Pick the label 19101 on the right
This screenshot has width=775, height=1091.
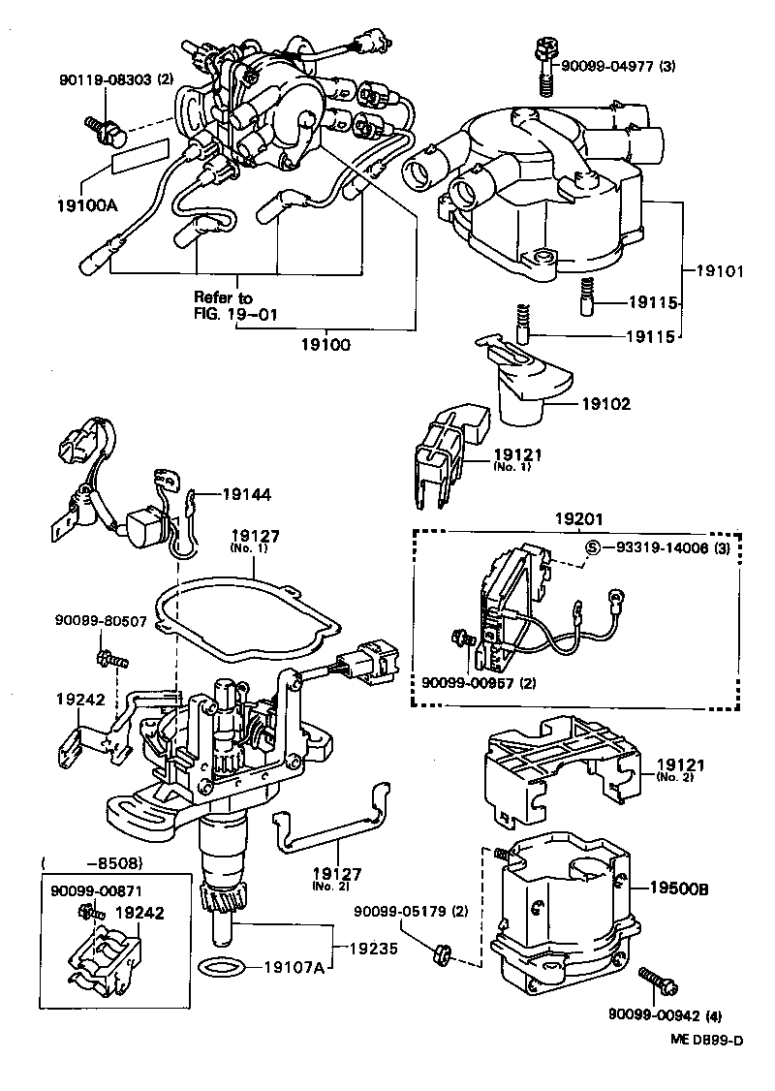pyautogui.click(x=720, y=271)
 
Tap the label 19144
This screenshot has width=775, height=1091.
pyautogui.click(x=246, y=494)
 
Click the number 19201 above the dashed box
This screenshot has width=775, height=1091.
pyautogui.click(x=578, y=517)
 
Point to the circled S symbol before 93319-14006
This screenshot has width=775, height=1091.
pyautogui.click(x=592, y=547)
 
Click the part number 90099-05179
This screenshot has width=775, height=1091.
pyautogui.click(x=397, y=911)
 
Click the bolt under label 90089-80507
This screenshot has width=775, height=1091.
pyautogui.click(x=109, y=660)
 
